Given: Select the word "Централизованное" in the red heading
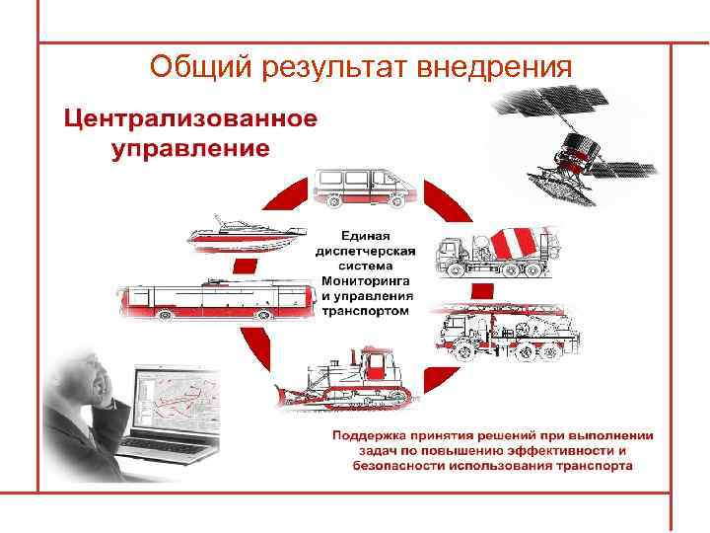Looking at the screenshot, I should tap(191, 120).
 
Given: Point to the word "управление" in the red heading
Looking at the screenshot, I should tap(190, 149).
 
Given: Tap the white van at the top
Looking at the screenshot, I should tap(366, 188).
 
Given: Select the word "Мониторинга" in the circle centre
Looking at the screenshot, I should tap(361, 279).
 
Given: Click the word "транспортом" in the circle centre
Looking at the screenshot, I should tap(365, 310).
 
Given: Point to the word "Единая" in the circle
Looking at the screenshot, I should tap(366, 236).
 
